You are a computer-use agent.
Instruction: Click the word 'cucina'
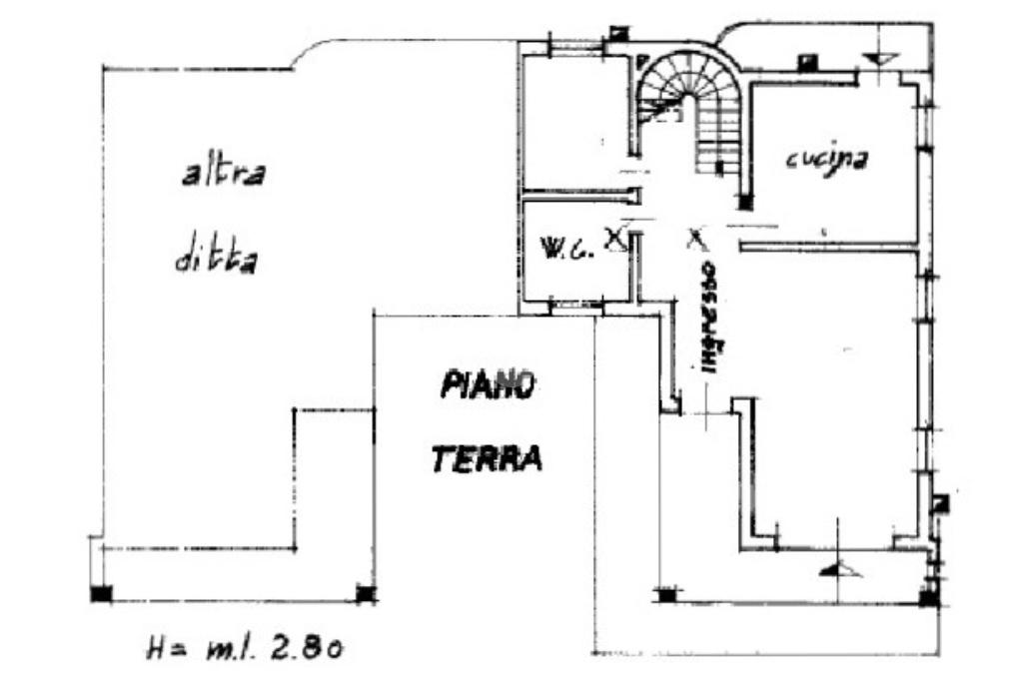tap(824, 158)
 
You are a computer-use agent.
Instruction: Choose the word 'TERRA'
tap(487, 458)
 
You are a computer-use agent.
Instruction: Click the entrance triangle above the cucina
tap(879, 58)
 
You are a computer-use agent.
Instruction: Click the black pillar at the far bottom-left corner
tap(101, 594)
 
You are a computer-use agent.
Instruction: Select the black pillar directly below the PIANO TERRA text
tap(366, 594)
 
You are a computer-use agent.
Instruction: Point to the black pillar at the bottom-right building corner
tap(928, 598)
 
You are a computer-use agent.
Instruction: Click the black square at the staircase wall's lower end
tap(744, 203)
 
